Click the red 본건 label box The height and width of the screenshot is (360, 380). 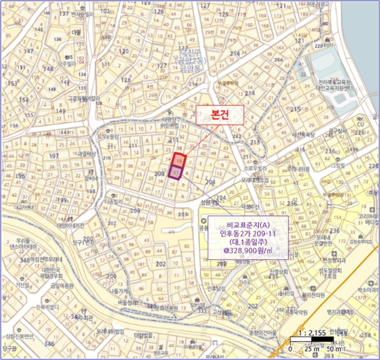(x=219, y=116)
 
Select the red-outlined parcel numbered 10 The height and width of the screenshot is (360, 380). (x=179, y=161)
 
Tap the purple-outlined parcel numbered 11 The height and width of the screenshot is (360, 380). (x=175, y=173)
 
